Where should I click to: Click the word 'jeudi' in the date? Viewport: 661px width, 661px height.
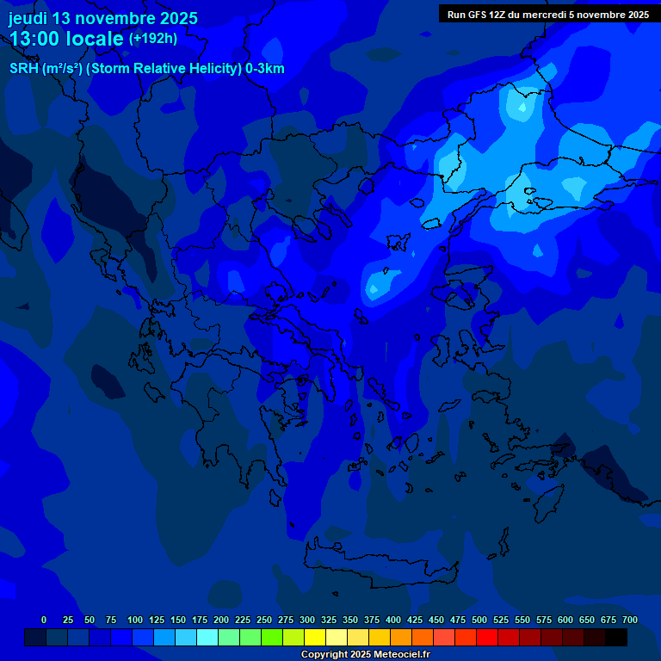[28, 18]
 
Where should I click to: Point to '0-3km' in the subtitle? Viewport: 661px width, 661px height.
[265, 69]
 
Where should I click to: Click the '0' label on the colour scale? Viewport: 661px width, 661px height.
[44, 620]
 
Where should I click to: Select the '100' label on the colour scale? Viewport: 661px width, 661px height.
[135, 620]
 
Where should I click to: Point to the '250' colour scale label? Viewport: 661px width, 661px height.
[264, 620]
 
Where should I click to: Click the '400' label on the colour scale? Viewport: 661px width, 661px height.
[393, 620]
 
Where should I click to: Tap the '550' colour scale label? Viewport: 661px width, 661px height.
[522, 620]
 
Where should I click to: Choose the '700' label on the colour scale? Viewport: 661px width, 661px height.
[630, 620]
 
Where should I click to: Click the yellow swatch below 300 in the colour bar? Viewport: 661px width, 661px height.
[315, 638]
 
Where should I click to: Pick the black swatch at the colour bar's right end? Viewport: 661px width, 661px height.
[616, 638]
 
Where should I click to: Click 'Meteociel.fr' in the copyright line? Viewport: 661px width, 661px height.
[398, 655]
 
